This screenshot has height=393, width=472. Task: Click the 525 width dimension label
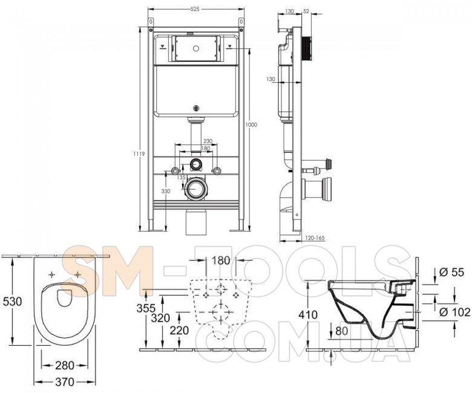(x=195, y=9)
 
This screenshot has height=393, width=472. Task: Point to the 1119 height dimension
(x=140, y=154)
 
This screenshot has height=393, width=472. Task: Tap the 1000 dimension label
(x=251, y=125)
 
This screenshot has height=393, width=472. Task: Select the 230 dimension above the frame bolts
(x=208, y=141)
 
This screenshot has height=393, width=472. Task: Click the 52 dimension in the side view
(x=306, y=11)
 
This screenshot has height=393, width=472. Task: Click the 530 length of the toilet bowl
(x=12, y=301)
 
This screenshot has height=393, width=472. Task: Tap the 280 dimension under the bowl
(x=64, y=365)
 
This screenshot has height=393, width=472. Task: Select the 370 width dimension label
(x=64, y=382)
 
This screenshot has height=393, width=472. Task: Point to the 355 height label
(x=146, y=308)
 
